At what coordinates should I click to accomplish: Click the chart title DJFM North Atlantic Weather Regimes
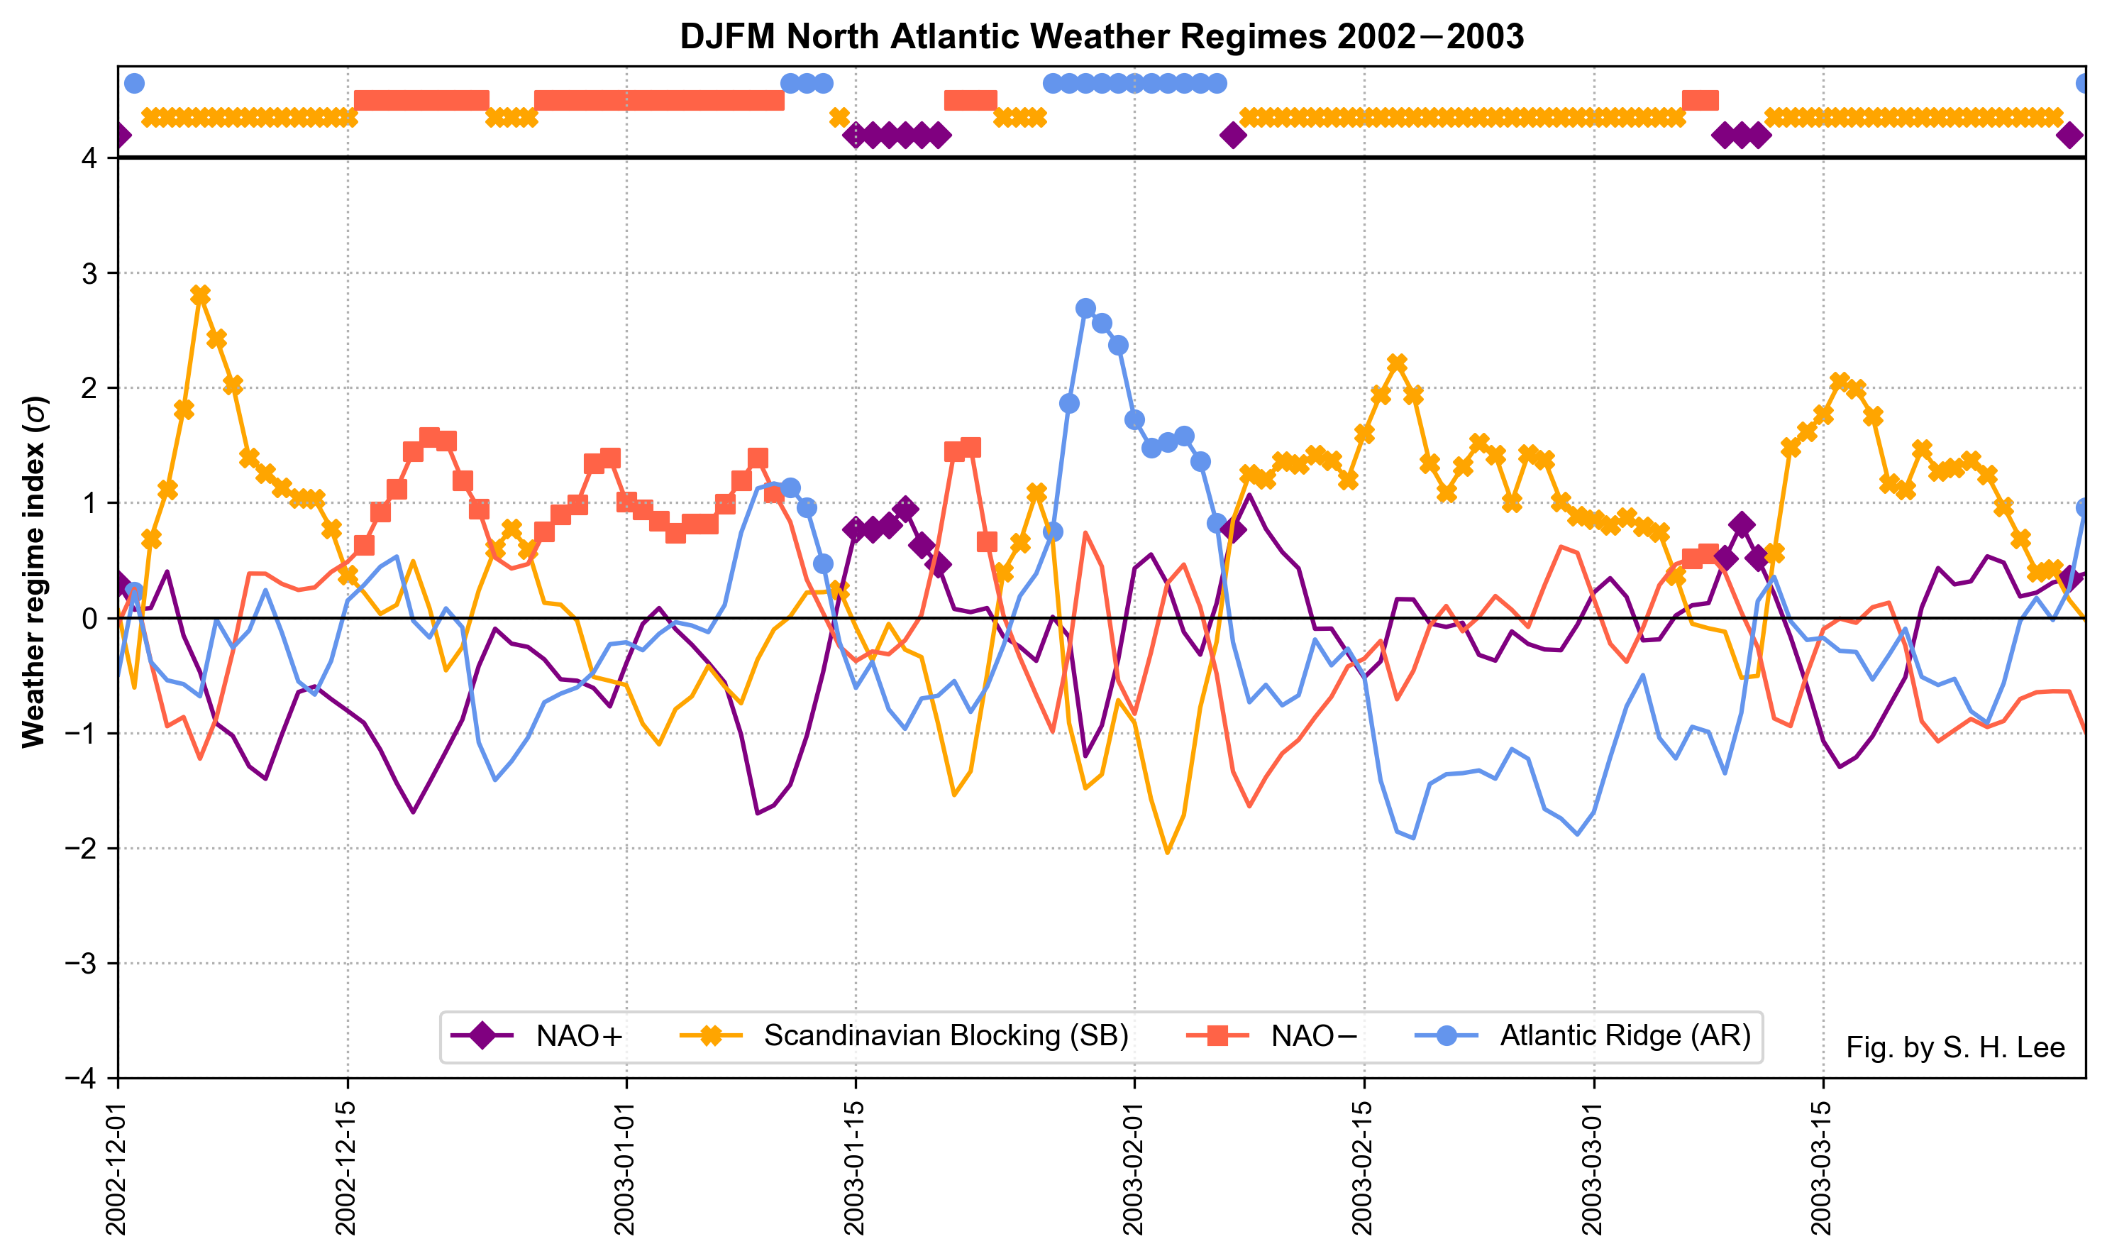(1102, 37)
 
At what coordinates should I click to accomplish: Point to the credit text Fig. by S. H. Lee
(1954, 1048)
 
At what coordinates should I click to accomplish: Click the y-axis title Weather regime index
(34, 572)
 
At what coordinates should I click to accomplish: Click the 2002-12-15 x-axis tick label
(347, 1168)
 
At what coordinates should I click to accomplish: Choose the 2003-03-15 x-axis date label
(1823, 1168)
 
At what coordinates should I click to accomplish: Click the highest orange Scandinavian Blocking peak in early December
(201, 294)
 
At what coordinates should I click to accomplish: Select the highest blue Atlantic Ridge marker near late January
(1085, 308)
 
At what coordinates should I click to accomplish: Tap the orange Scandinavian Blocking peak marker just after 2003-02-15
(1397, 363)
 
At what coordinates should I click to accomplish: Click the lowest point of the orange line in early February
(1168, 852)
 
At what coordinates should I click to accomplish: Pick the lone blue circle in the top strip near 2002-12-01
(133, 83)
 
